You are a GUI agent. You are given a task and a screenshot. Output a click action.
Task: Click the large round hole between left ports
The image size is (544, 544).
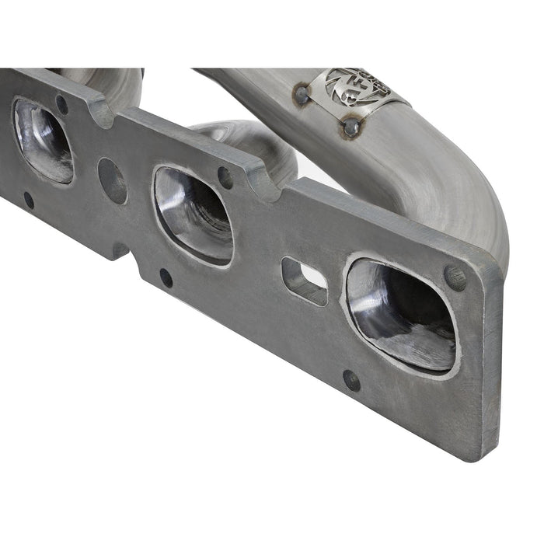tap(112, 180)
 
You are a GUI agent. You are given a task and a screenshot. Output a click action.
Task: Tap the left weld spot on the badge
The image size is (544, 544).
tap(302, 95)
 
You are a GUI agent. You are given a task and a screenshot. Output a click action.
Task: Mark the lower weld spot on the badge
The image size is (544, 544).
tap(352, 126)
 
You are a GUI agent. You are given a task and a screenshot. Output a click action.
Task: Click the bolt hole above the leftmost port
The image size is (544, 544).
tap(61, 104)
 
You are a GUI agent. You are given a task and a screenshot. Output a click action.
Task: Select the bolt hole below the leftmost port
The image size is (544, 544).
tap(29, 200)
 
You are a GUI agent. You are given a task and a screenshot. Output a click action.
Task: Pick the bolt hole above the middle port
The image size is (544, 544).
tap(225, 177)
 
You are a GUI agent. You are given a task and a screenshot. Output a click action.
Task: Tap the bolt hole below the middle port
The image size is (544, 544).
tap(166, 277)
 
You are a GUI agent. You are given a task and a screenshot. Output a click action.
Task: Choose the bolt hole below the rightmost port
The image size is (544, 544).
tap(351, 380)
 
